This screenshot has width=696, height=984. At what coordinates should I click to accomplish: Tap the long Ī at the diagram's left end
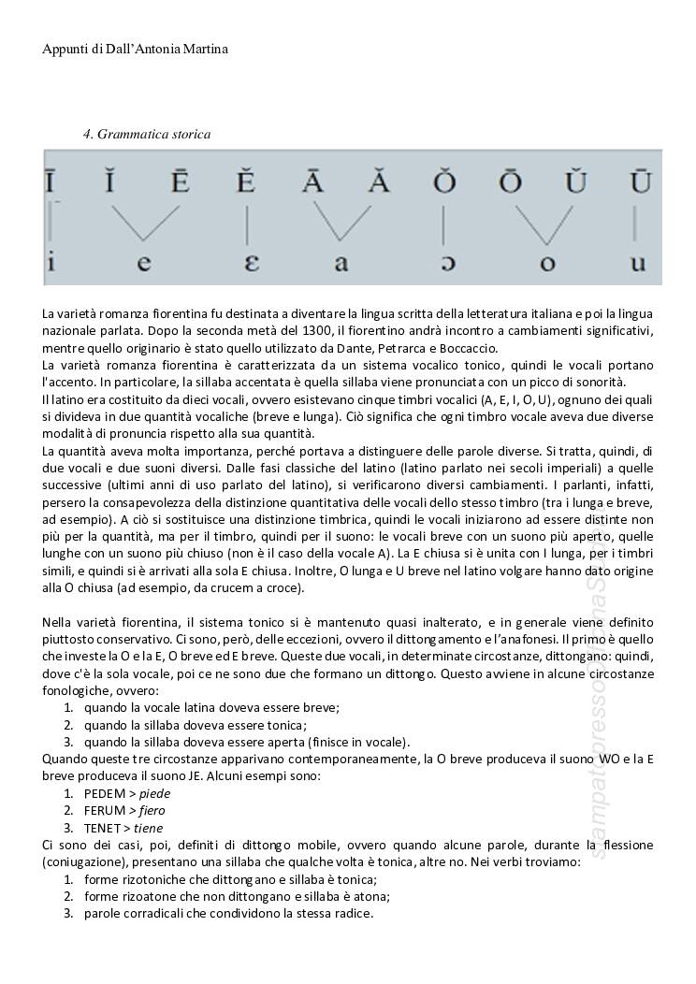tap(49, 181)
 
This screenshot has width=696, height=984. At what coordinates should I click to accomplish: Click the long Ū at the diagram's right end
tap(640, 181)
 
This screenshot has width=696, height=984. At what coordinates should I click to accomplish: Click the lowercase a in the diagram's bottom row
tap(341, 264)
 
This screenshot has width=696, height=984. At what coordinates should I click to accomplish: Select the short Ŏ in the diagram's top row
tap(443, 181)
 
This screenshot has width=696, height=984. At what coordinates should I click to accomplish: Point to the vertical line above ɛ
tap(247, 224)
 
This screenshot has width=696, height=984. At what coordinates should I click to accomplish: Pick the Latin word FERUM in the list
tap(104, 810)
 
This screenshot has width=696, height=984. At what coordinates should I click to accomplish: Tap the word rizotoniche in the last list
tap(152, 879)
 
